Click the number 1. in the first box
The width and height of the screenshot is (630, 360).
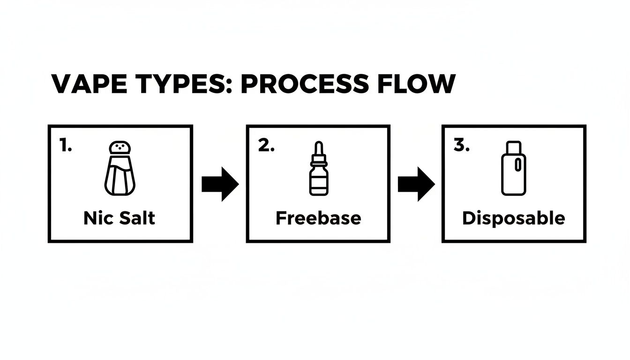[66, 146]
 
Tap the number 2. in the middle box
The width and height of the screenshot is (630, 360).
[266, 146]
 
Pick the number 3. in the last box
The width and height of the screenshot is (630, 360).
[462, 146]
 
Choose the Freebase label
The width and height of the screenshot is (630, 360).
[318, 218]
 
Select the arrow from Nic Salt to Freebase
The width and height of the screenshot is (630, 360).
[220, 184]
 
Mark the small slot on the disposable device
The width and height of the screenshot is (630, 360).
[518, 165]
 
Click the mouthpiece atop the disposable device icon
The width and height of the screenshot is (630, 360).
[514, 146]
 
